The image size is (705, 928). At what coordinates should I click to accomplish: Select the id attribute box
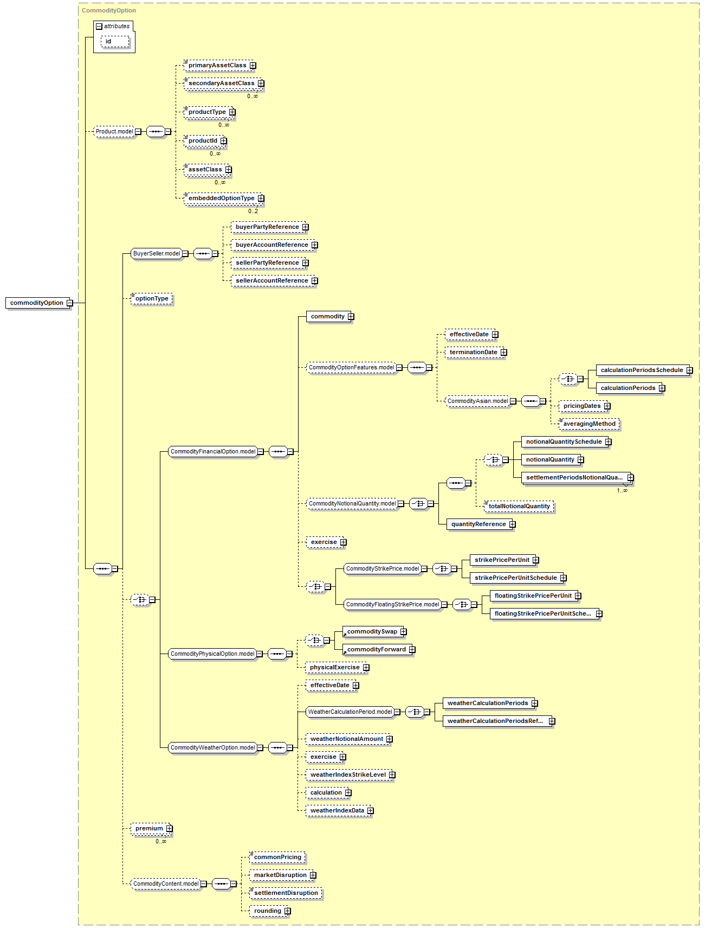point(115,41)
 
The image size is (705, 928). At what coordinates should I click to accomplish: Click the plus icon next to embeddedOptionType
point(261,199)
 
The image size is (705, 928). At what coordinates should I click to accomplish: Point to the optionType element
point(152,298)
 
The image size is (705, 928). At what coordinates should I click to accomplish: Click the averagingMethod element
point(589,424)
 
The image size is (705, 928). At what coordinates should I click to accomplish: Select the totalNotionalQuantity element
point(519,506)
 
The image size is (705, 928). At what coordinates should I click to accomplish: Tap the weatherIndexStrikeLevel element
point(351,775)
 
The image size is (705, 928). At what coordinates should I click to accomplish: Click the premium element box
point(152,828)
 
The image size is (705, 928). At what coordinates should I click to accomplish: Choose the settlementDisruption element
point(286,893)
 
